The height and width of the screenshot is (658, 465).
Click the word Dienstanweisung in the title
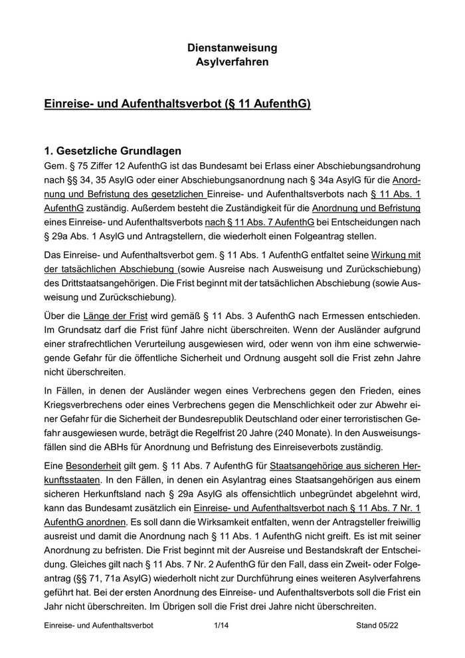[x=232, y=48]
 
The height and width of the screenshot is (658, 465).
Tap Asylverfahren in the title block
[x=232, y=62]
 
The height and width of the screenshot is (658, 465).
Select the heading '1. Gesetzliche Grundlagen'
[x=111, y=150]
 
